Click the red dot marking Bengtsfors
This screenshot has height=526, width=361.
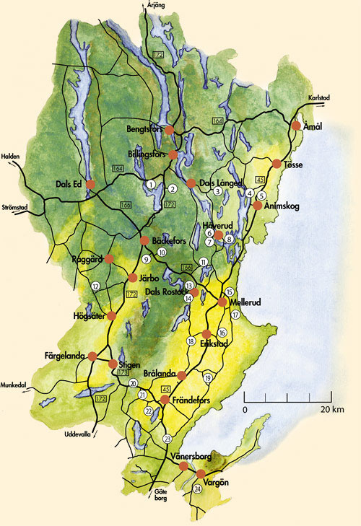point(170,131)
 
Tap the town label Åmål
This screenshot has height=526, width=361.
point(312,126)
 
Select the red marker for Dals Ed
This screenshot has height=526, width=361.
point(91,185)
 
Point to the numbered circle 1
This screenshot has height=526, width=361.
point(151,185)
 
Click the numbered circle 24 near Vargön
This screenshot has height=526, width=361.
point(198,488)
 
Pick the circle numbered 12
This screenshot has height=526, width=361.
point(95,286)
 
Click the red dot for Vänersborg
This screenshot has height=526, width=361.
point(183,467)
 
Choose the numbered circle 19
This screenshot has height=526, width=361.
point(208,378)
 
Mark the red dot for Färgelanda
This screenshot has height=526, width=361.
point(92,356)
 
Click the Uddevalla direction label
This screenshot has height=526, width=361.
point(79,434)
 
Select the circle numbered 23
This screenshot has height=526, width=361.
point(168,439)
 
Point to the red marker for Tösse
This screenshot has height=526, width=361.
point(276,163)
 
